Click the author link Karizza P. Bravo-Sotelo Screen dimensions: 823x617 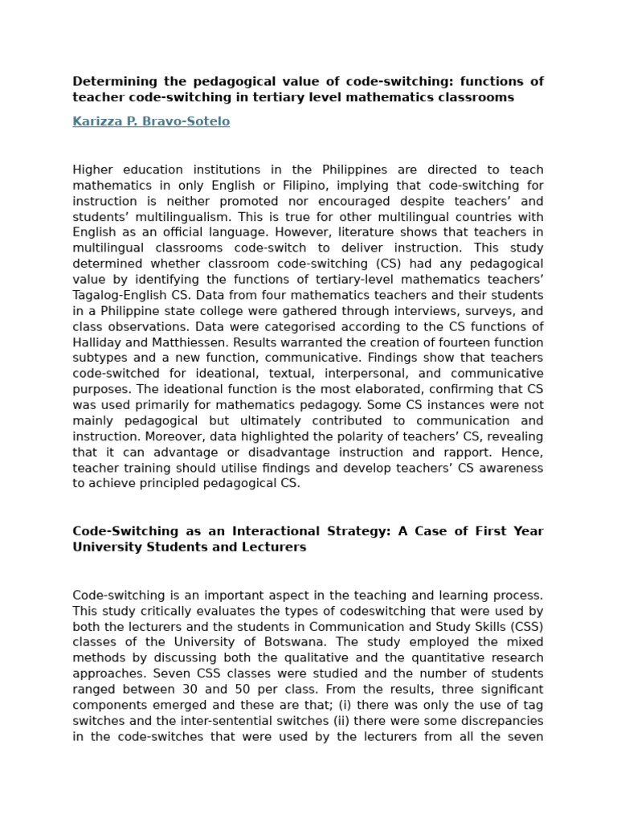click(x=151, y=121)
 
